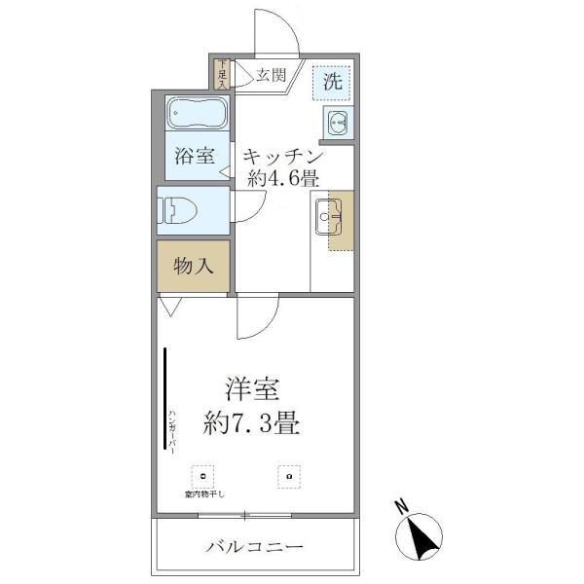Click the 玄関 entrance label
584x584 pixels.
click(x=272, y=75)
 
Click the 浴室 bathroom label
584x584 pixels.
click(x=195, y=156)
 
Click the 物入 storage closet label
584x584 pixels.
click(x=194, y=265)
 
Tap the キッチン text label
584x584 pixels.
click(x=282, y=156)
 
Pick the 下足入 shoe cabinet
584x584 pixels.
click(x=221, y=75)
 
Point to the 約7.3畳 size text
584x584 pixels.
click(x=251, y=424)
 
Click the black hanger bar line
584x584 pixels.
click(x=164, y=399)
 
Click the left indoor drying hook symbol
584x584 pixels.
click(x=204, y=477)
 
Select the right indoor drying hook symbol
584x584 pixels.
click(x=288, y=477)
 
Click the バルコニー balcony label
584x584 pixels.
click(x=255, y=545)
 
